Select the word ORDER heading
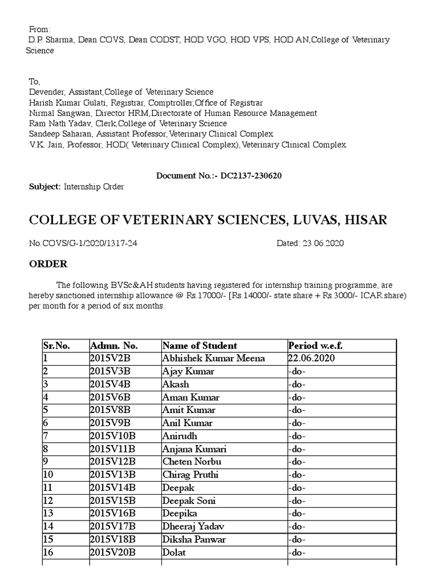click(x=48, y=264)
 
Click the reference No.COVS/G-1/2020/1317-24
click(x=83, y=243)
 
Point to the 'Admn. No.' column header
click(x=114, y=346)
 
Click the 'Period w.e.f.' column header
click(x=315, y=346)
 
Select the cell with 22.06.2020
click(x=311, y=359)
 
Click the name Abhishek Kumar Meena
click(x=213, y=359)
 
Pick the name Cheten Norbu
click(x=192, y=462)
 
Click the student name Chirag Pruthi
click(x=190, y=475)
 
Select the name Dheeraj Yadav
click(x=193, y=527)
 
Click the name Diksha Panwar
click(x=194, y=540)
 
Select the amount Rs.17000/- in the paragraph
click(x=201, y=295)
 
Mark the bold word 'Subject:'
click(x=44, y=187)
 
